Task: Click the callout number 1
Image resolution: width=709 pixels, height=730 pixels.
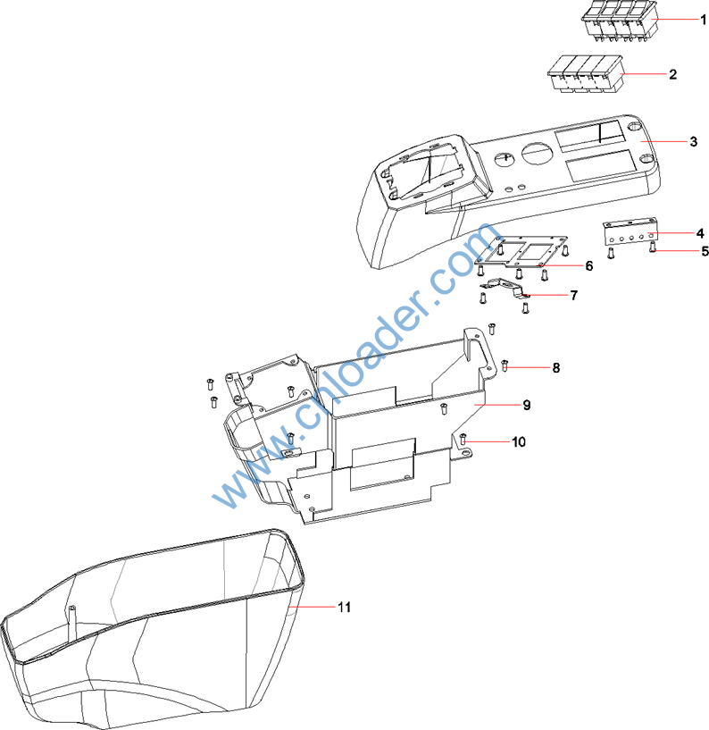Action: point(678,19)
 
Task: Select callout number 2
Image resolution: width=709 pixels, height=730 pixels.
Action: point(672,74)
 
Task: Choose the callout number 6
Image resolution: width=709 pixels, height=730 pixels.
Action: point(588,265)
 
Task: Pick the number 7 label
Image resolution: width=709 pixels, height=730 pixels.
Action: point(573,294)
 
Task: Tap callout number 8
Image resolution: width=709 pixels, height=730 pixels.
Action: point(555,367)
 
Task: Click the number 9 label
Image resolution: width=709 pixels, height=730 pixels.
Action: point(527,405)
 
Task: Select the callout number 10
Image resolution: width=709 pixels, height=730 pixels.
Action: point(519,441)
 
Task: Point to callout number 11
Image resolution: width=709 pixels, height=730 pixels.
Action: point(344,607)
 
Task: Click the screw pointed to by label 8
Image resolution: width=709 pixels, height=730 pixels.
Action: point(505,365)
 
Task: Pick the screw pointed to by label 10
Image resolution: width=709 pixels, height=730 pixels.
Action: point(464,439)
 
